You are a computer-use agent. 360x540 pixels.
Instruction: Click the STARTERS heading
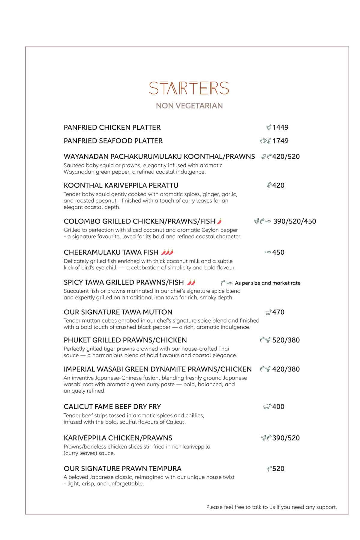pyautogui.click(x=189, y=88)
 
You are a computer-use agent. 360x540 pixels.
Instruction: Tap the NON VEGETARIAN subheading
pyautogui.click(x=189, y=106)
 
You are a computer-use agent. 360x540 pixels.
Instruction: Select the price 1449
pyautogui.click(x=280, y=127)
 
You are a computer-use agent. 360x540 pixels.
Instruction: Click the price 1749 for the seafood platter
pyautogui.click(x=280, y=141)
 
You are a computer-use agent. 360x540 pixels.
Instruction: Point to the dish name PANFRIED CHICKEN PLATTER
pyautogui.click(x=112, y=127)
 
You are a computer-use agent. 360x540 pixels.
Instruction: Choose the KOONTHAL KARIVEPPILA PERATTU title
pyautogui.click(x=121, y=185)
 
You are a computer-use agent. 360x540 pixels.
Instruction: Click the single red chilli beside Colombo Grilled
pyautogui.click(x=219, y=221)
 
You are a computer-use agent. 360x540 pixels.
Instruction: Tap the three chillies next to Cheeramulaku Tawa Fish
pyautogui.click(x=167, y=252)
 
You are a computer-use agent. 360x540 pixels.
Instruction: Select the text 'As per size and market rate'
pyautogui.click(x=267, y=283)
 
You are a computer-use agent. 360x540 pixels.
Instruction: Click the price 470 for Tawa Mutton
pyautogui.click(x=278, y=312)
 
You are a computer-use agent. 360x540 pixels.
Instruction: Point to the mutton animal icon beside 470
pyautogui.click(x=268, y=313)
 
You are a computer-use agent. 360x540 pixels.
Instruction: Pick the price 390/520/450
pyautogui.click(x=295, y=221)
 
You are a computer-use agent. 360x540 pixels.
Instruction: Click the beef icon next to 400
pyautogui.click(x=267, y=407)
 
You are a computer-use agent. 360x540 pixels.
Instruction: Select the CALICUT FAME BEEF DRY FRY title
pyautogui.click(x=112, y=407)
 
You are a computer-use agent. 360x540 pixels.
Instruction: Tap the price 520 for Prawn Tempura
pyautogui.click(x=278, y=469)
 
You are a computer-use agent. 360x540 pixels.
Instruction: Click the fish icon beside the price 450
pyautogui.click(x=268, y=253)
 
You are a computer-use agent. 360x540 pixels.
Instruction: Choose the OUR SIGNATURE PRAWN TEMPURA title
pyautogui.click(x=122, y=469)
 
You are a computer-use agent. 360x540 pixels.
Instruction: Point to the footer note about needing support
pyautogui.click(x=271, y=507)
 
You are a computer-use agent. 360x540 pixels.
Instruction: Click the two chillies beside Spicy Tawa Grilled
pyautogui.click(x=191, y=282)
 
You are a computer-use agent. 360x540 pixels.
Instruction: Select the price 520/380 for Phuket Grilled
pyautogui.click(x=286, y=340)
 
